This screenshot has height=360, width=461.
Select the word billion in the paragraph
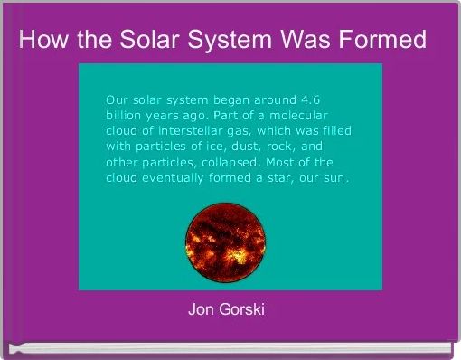126,115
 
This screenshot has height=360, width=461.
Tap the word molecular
303,115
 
